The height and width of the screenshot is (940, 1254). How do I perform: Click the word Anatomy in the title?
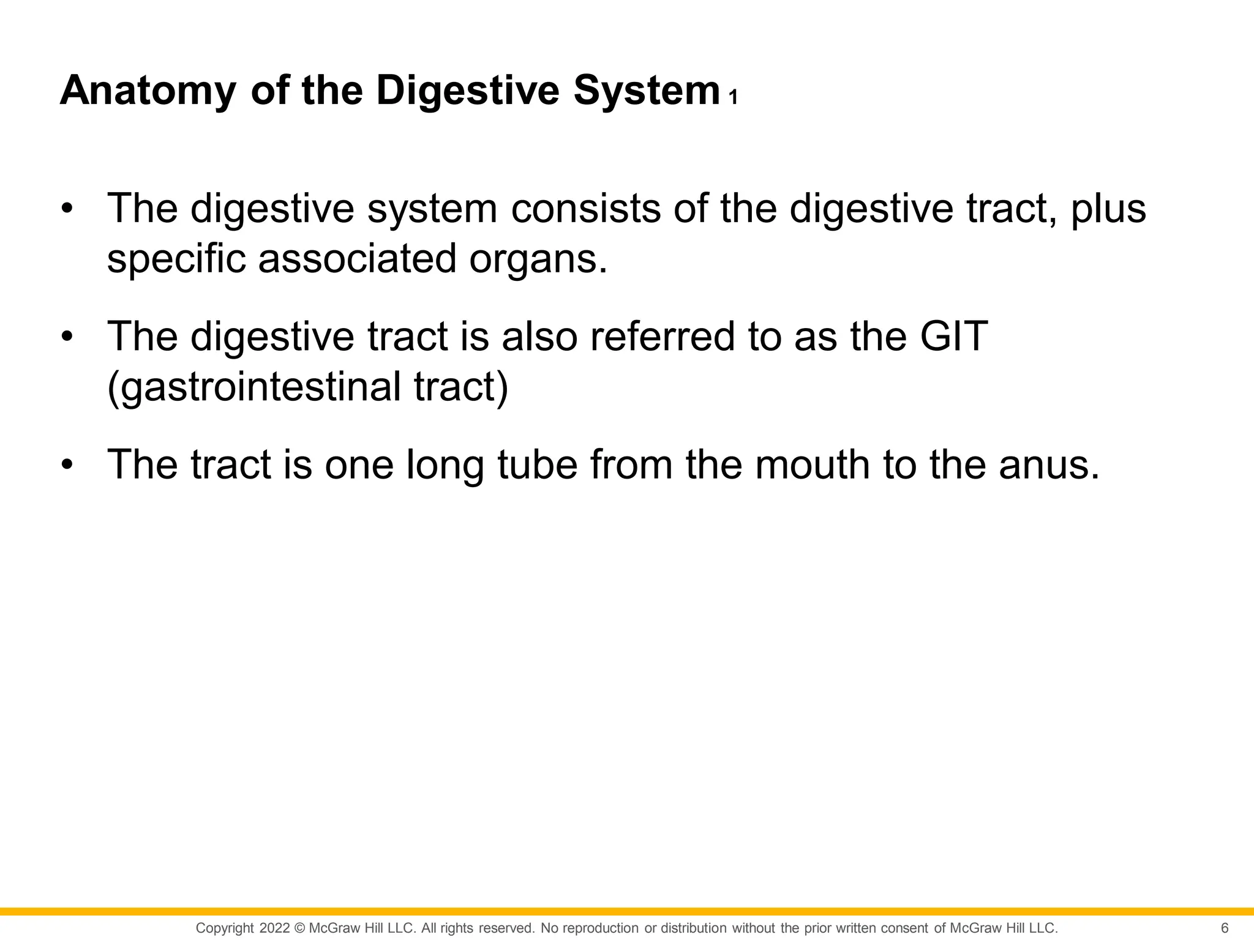point(148,91)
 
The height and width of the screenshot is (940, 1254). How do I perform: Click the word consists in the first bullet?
point(586,209)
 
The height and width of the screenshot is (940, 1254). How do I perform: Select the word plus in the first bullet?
point(1108,209)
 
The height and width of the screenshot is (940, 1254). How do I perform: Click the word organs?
point(538,259)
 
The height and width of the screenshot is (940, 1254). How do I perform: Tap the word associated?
point(358,259)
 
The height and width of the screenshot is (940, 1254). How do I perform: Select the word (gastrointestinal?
point(253,387)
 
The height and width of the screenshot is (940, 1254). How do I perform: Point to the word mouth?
point(812,464)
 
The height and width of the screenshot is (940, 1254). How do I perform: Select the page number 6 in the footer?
point(1224,928)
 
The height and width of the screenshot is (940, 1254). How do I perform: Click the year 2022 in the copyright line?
point(274,928)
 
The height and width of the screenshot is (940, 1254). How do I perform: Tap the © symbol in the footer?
point(299,928)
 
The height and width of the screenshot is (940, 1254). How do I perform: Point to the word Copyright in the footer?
point(224,928)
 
